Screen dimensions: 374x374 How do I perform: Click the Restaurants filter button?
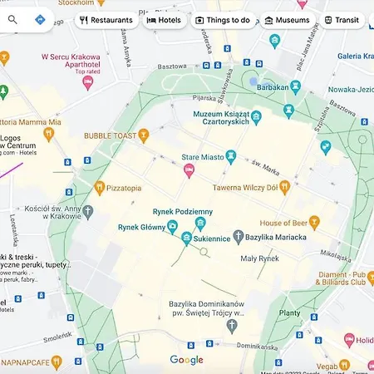tap(106, 19)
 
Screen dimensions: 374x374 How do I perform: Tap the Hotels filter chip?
tap(164, 19)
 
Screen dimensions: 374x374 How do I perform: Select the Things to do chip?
tap(222, 19)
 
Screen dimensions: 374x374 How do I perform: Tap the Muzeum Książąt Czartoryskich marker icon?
tap(256, 118)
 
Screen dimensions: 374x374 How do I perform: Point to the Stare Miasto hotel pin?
tap(189, 171)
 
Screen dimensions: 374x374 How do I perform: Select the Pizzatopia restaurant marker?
tap(100, 188)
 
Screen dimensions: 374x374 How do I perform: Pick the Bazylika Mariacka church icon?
tap(238, 237)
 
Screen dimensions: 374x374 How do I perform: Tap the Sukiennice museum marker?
tap(187, 239)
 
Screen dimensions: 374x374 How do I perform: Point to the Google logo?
tap(186, 360)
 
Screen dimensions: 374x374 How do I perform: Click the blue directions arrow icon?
tap(40, 19)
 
